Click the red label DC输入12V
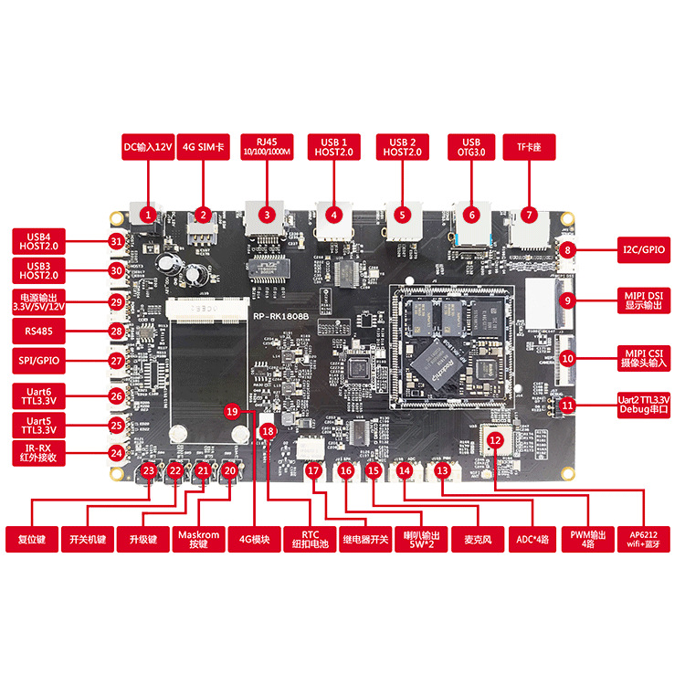point(147,147)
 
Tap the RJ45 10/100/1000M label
point(266,147)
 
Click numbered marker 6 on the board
point(470,216)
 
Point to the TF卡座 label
point(529,147)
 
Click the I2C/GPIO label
point(626,249)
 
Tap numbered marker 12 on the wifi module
point(495,440)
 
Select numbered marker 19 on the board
point(231,412)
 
